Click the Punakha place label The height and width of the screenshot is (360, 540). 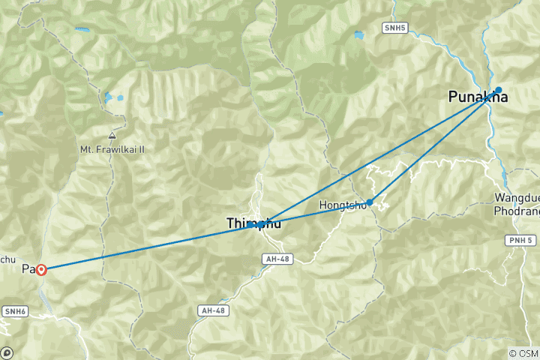click(478, 97)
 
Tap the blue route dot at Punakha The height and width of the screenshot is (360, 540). click(498, 89)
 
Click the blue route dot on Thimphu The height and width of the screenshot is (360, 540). click(260, 224)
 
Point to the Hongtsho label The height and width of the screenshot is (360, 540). click(342, 204)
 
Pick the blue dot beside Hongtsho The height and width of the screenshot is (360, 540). click(370, 201)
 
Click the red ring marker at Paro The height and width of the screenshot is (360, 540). click(41, 269)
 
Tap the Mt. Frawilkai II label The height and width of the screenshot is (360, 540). click(112, 149)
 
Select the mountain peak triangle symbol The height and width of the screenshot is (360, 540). click(112, 136)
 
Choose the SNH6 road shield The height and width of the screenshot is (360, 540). click(14, 310)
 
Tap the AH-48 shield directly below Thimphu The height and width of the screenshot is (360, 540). click(275, 259)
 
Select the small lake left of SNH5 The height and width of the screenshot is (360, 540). click(358, 34)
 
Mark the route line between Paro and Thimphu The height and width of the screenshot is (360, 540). click(150, 247)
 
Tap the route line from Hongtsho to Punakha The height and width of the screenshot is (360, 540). click(435, 144)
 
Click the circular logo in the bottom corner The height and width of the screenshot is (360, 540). click(7, 352)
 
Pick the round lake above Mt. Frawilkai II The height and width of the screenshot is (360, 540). click(110, 97)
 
